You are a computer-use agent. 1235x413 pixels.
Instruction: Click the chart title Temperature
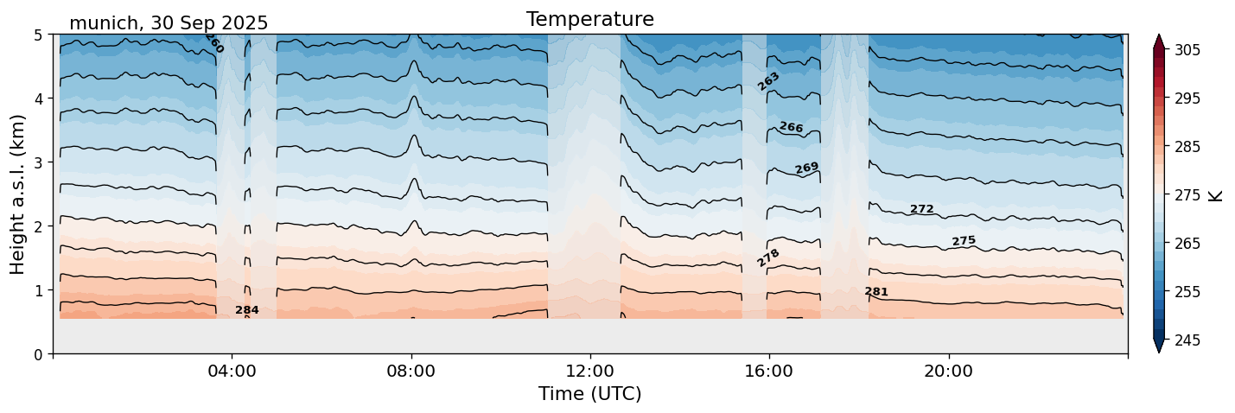tap(589, 19)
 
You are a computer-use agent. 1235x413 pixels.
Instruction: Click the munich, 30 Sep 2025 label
tap(169, 23)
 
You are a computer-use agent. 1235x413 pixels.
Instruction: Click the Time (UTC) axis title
tap(589, 394)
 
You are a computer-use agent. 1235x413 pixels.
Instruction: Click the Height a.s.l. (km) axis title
tap(18, 194)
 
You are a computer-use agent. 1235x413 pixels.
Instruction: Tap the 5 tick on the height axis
tap(39, 35)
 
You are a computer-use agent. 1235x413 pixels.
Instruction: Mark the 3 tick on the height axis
tap(39, 162)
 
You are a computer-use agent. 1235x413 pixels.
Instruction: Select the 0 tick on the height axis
tap(39, 354)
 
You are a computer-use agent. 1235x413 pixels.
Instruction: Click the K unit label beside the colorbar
tap(1216, 195)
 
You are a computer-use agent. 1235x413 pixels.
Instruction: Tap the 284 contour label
tap(247, 310)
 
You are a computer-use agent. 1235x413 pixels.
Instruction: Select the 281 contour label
tap(876, 292)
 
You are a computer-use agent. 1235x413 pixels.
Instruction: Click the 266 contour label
tap(791, 128)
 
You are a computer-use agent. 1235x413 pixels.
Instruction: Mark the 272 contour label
tap(922, 209)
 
